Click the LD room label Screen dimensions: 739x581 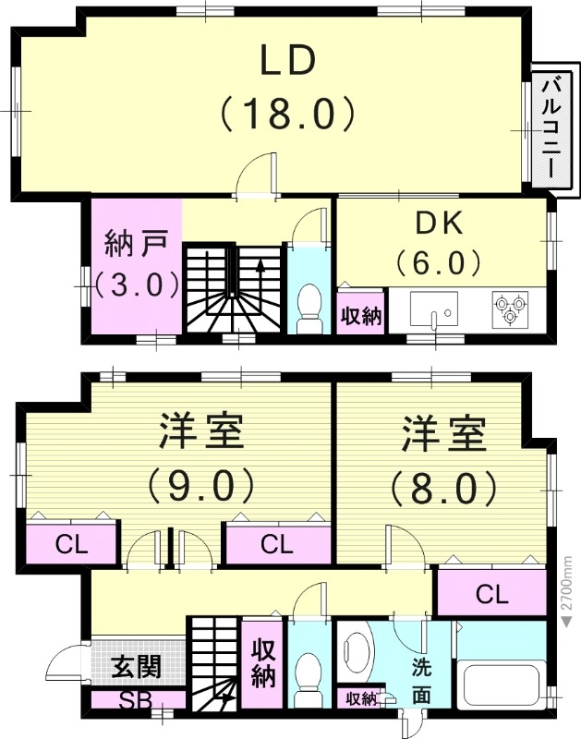tap(287, 60)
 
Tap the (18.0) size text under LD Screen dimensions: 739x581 tap(287, 115)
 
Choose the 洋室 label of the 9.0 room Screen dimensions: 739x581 tap(200, 431)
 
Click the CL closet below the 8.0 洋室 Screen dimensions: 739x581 tap(491, 594)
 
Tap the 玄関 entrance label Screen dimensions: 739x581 tap(136, 665)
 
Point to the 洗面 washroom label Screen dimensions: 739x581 tap(420, 679)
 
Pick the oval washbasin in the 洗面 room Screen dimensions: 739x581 tap(355, 649)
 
